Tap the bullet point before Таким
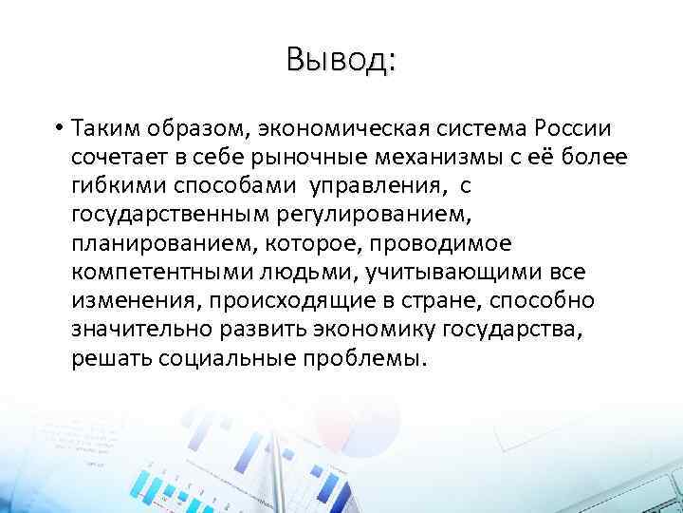click(58, 128)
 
